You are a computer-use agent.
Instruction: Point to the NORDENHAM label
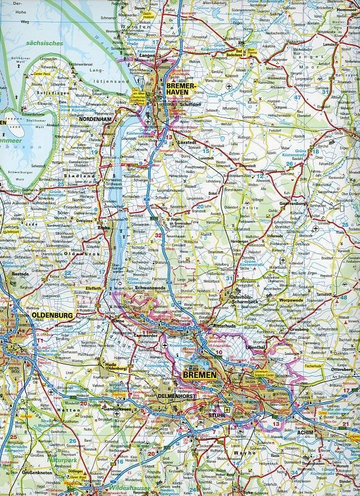(94, 119)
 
